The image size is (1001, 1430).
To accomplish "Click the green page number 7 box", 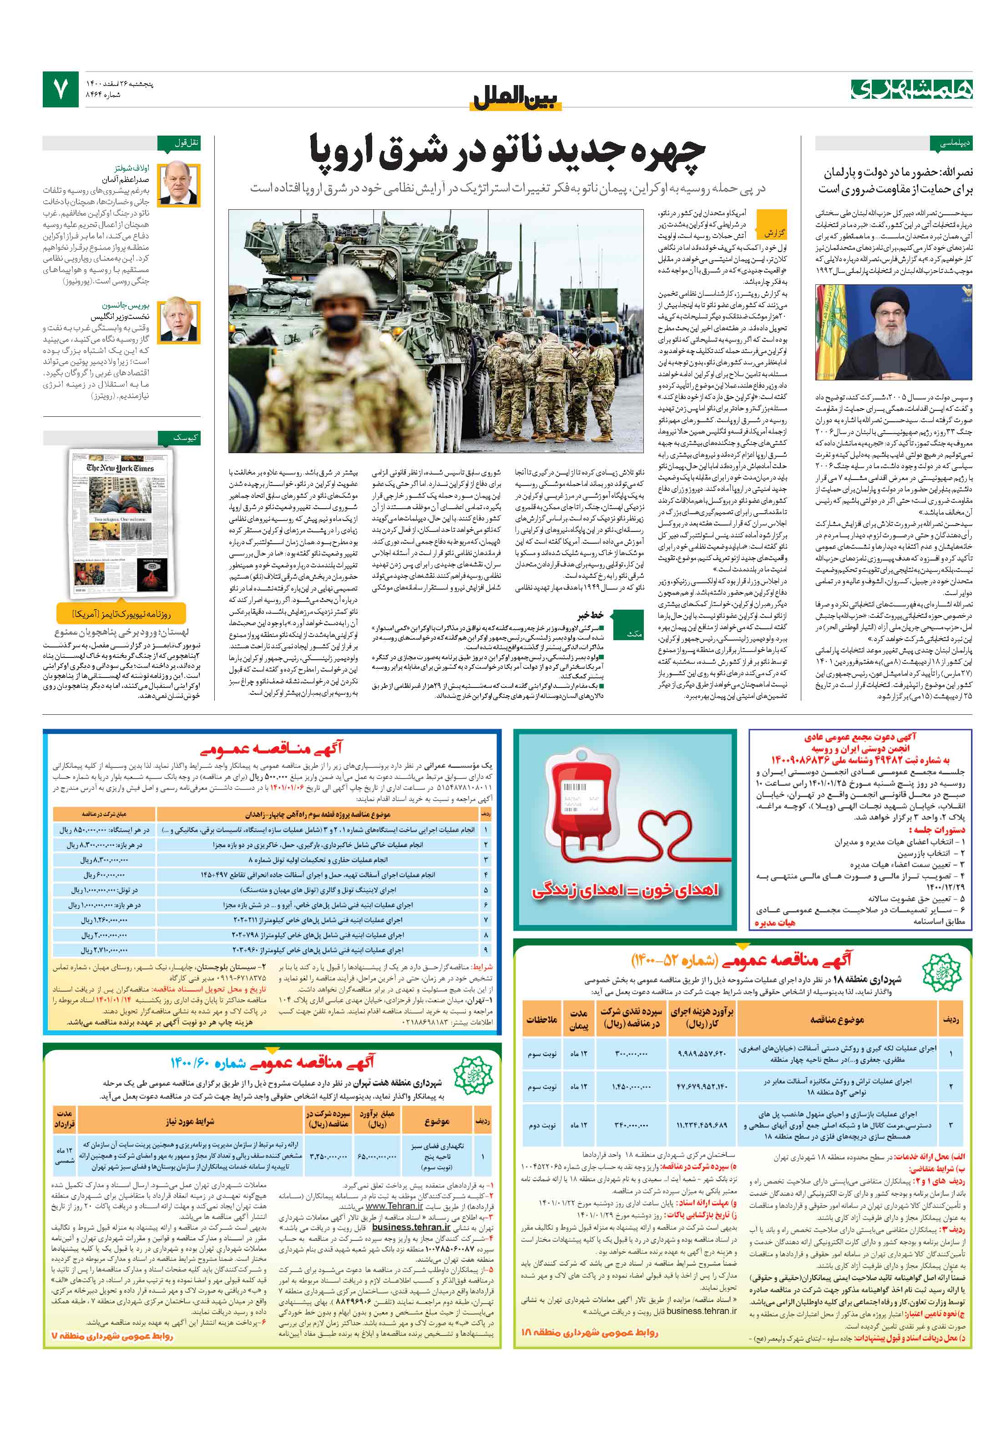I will pyautogui.click(x=61, y=89).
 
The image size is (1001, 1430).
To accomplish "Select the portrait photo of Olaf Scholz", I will pyautogui.click(x=179, y=184).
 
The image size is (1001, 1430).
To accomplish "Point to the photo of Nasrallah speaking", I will pyautogui.click(x=893, y=333).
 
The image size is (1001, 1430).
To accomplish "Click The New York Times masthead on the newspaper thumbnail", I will pyautogui.click(x=120, y=467).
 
